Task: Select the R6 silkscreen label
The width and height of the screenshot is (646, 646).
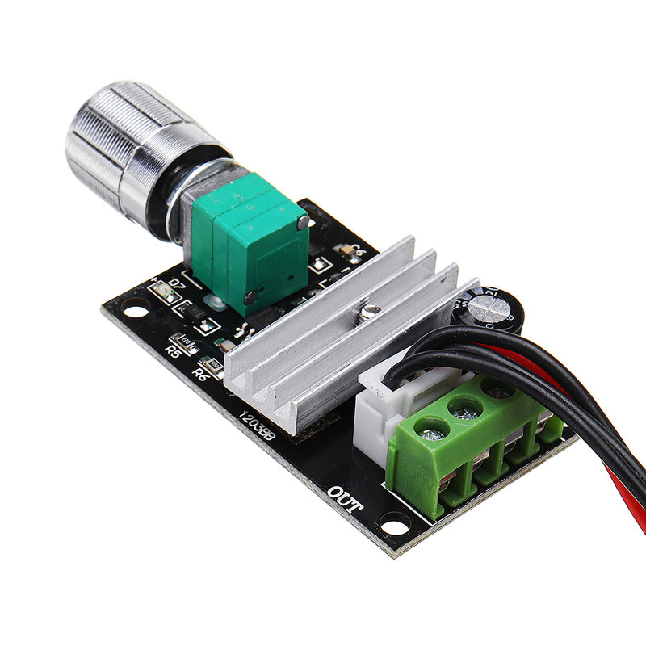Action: click(201, 373)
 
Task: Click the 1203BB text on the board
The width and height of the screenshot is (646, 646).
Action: click(257, 426)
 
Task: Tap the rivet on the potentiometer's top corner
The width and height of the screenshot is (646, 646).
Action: click(302, 223)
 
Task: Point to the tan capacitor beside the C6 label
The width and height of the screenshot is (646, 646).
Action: click(345, 250)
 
